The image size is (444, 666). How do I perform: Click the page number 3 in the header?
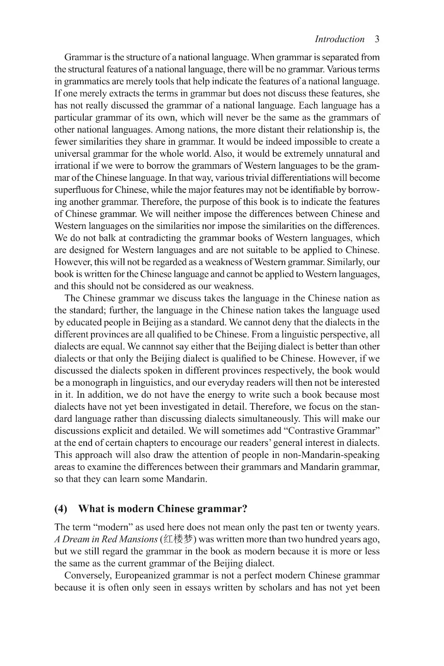[x=377, y=39]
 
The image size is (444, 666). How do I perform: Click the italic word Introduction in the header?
[x=339, y=39]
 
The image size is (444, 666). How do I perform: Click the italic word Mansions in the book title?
[x=139, y=539]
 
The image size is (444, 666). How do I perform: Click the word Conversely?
[x=87, y=575]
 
